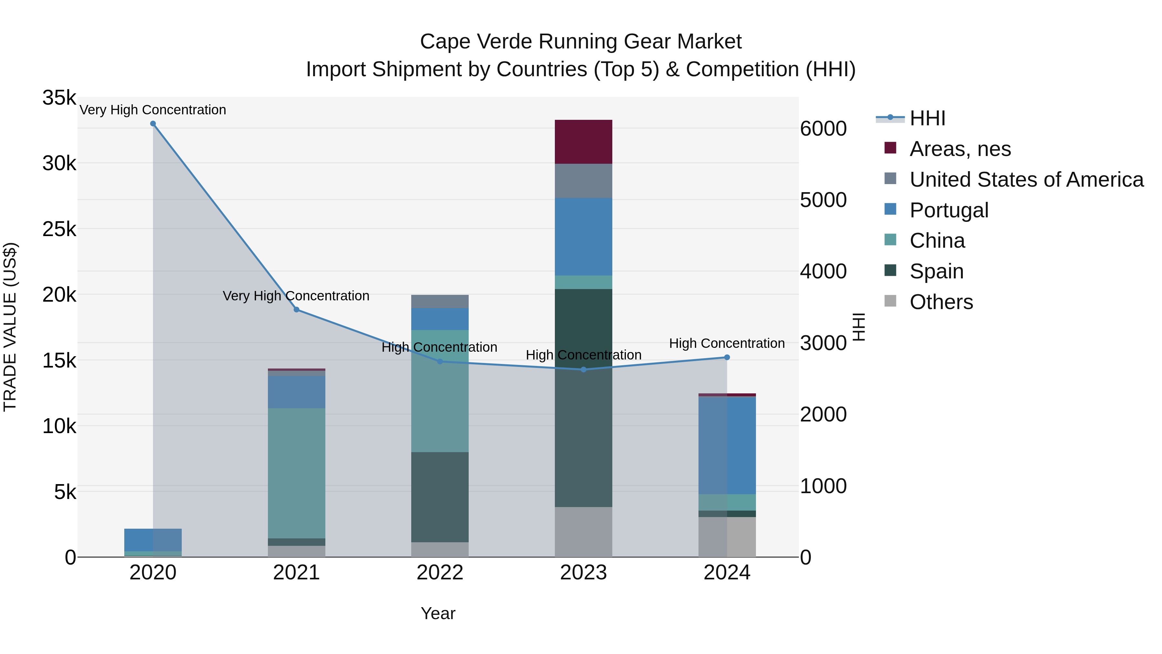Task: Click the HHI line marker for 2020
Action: pyautogui.click(x=153, y=124)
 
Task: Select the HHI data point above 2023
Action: pyautogui.click(x=583, y=370)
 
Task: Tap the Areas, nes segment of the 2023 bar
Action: pyautogui.click(x=583, y=142)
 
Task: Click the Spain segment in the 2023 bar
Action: pyautogui.click(x=583, y=397)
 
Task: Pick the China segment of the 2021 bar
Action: pyautogui.click(x=296, y=473)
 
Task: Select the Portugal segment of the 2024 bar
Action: pyautogui.click(x=727, y=445)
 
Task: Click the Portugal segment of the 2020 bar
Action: pyautogui.click(x=153, y=540)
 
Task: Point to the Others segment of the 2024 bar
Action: pyautogui.click(x=727, y=537)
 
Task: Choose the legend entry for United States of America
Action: pyautogui.click(x=1026, y=180)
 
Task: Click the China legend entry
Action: pyautogui.click(x=937, y=241)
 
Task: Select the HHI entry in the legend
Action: pyautogui.click(x=927, y=118)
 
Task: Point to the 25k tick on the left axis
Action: pyautogui.click(x=59, y=229)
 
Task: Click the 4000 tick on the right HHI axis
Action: pyautogui.click(x=823, y=271)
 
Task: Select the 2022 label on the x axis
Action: pyautogui.click(x=440, y=573)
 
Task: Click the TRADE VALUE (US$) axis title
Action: pyautogui.click(x=10, y=327)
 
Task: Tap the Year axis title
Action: pyautogui.click(x=438, y=613)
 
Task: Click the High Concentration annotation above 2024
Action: pyautogui.click(x=727, y=344)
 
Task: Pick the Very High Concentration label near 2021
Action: pyautogui.click(x=296, y=296)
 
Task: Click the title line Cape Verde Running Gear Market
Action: pyautogui.click(x=581, y=42)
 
